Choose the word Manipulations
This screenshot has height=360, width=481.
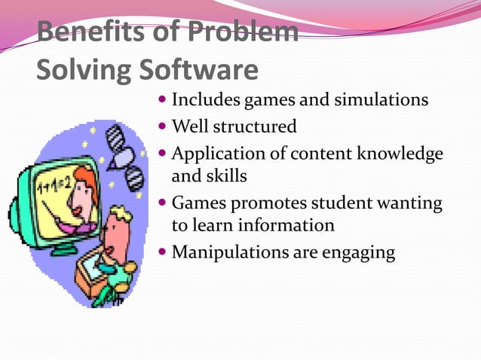coord(230,252)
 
